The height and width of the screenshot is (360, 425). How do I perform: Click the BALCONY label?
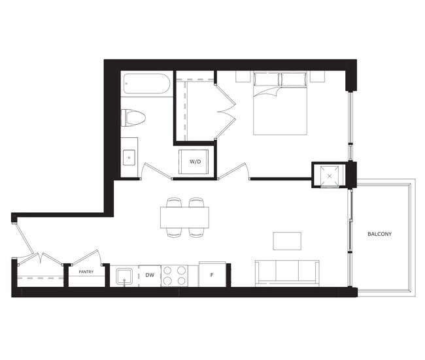click(x=379, y=234)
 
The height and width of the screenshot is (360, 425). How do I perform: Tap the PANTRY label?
click(x=86, y=272)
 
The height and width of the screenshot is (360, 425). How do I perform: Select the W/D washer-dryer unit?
click(x=194, y=162)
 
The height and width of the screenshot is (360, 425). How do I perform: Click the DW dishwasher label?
click(x=150, y=275)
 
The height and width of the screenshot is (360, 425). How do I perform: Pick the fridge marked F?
click(x=212, y=274)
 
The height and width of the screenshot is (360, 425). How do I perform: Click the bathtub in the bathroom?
click(x=146, y=84)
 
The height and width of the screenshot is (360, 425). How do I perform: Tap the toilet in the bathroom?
click(x=133, y=118)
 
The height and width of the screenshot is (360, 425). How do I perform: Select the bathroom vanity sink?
click(x=129, y=157)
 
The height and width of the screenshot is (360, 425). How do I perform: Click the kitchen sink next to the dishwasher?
click(x=124, y=276)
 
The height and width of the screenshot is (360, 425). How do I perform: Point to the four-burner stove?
click(x=175, y=276)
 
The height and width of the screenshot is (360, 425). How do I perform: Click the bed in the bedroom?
click(x=280, y=103)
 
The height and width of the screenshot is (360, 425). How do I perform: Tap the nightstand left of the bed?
click(x=243, y=76)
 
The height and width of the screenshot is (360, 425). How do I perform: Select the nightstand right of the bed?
click(x=317, y=76)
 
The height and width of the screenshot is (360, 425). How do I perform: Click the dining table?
click(x=184, y=218)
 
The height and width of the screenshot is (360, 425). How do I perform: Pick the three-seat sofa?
click(x=287, y=273)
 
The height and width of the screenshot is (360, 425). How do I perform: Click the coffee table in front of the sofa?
click(x=287, y=241)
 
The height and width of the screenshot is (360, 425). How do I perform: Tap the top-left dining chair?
click(x=174, y=203)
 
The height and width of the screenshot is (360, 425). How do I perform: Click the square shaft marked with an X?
click(x=330, y=176)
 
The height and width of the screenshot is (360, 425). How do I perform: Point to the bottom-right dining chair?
click(x=196, y=233)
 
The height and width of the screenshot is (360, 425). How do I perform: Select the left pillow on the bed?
click(x=266, y=79)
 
